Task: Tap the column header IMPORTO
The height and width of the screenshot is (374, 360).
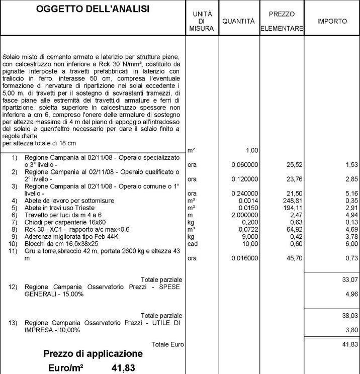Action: click(x=332, y=22)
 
